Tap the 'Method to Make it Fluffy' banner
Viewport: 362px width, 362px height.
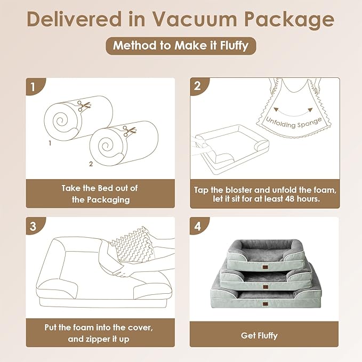coord(181,46)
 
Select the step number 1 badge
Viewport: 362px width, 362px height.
coord(34,86)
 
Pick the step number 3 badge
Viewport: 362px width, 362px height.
coord(34,225)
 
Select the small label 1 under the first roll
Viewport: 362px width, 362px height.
coord(50,143)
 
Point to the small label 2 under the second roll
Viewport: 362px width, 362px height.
coord(91,164)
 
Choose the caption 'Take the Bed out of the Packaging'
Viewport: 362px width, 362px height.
coord(100,194)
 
